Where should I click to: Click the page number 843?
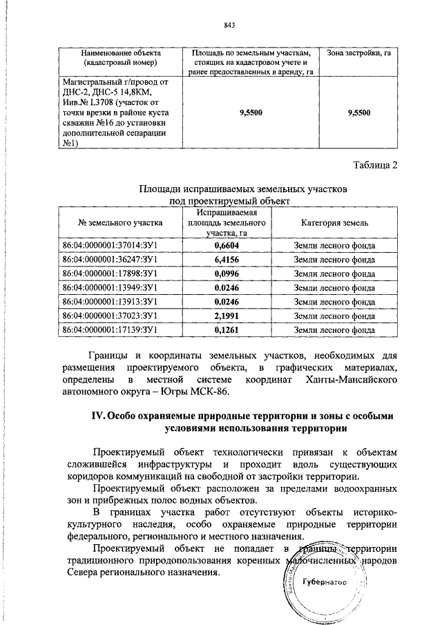click(x=230, y=26)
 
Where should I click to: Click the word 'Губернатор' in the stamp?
click(x=323, y=583)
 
